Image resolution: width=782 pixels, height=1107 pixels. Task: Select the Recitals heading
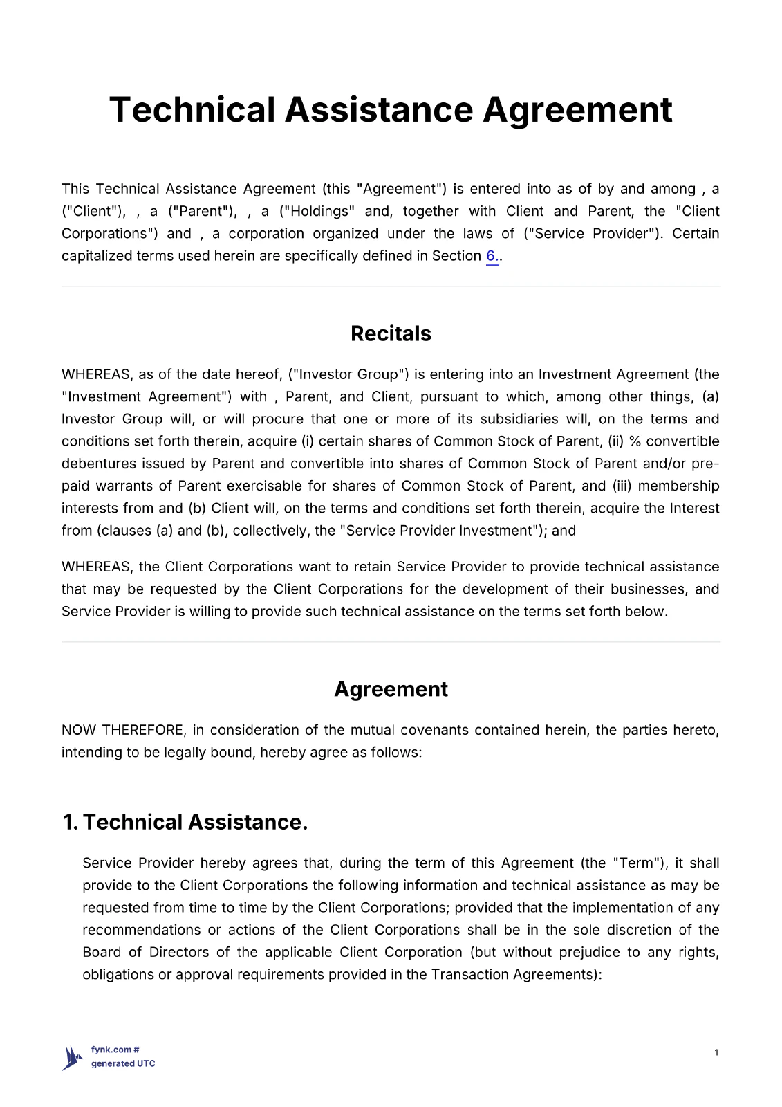pyautogui.click(x=391, y=333)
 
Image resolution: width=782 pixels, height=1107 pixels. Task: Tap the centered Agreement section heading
pyautogui.click(x=391, y=689)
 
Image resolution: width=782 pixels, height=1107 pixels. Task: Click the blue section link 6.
pyautogui.click(x=491, y=256)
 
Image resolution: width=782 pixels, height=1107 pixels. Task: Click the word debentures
pyautogui.click(x=94, y=464)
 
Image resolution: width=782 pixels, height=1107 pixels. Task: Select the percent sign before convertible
pyautogui.click(x=635, y=442)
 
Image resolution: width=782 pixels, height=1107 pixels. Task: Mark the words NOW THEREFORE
pyautogui.click(x=122, y=731)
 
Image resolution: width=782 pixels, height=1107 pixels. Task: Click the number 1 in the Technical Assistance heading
pyautogui.click(x=68, y=822)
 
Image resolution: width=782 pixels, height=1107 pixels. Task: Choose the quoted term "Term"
pyautogui.click(x=636, y=863)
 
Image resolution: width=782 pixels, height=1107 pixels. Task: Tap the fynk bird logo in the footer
pyautogui.click(x=71, y=1057)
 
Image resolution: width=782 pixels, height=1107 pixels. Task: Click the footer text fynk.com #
pyautogui.click(x=115, y=1050)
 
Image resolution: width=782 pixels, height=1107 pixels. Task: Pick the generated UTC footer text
pyautogui.click(x=123, y=1064)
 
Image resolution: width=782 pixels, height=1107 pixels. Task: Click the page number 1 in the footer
pyautogui.click(x=716, y=1053)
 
